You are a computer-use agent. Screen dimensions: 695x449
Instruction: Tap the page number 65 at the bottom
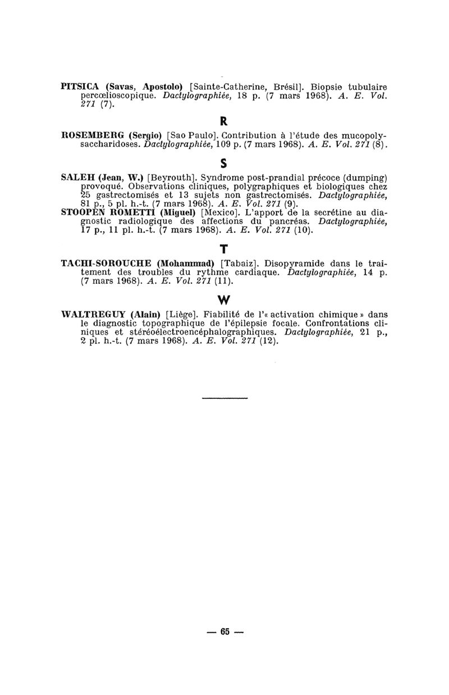(225, 631)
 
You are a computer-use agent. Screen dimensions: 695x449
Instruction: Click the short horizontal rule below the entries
(224, 398)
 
